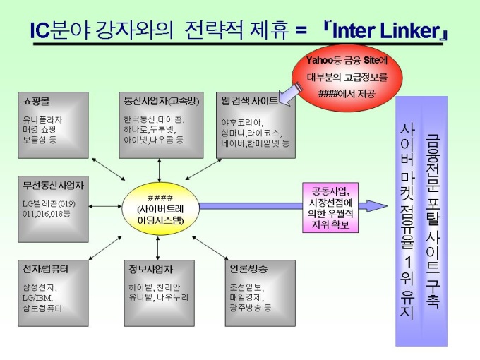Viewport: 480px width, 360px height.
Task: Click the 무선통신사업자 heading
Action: pyautogui.click(x=53, y=187)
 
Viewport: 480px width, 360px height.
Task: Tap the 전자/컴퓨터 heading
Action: pyautogui.click(x=45, y=269)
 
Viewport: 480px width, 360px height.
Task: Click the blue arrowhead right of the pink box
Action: pyautogui.click(x=381, y=206)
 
